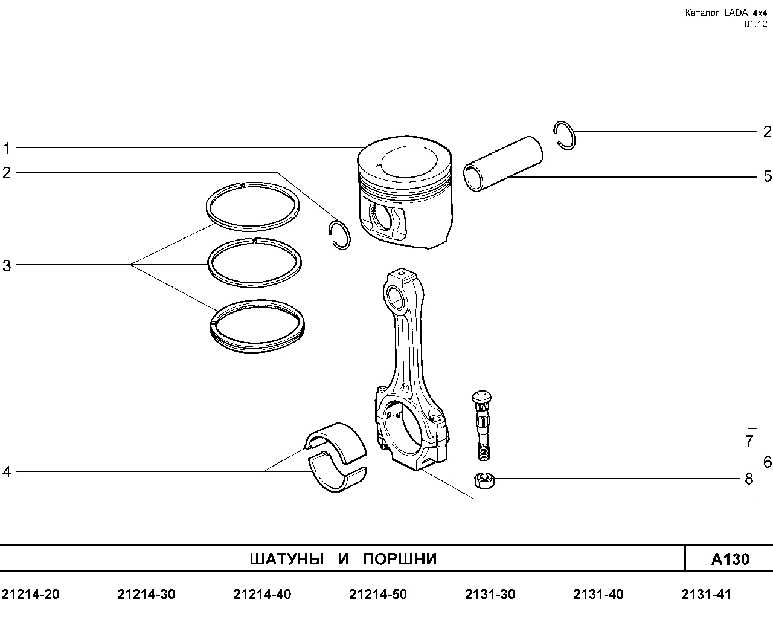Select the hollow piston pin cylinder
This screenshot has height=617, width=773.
coord(503,164)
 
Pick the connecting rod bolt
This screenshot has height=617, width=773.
coord(482,425)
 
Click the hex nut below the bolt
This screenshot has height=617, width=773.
coord(484,480)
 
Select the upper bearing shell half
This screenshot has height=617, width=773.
coord(336,442)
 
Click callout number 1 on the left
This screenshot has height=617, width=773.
coord(7,148)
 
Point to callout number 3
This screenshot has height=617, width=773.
coord(7,266)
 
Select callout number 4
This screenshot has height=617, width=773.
coord(7,472)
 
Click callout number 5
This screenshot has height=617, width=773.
coord(767,176)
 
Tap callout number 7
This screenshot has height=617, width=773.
coord(749,441)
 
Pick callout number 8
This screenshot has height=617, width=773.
coord(749,479)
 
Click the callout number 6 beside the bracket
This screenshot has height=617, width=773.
coord(767,462)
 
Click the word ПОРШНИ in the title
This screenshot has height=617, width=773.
coord(400,559)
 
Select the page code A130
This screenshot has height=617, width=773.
coord(730,560)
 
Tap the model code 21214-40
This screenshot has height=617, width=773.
coord(262,595)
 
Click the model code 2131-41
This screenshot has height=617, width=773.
coord(706,595)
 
